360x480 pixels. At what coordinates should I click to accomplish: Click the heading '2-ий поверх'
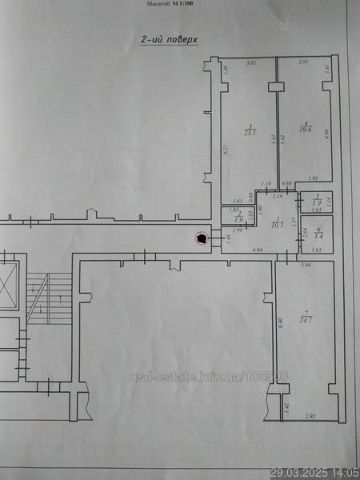tap(170, 38)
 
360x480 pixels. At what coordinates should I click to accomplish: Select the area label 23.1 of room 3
tap(250, 132)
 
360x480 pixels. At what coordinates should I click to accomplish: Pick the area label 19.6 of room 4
tap(305, 128)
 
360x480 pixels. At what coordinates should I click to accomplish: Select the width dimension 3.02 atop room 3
tap(250, 62)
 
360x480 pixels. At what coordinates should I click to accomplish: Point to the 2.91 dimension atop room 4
tap(304, 62)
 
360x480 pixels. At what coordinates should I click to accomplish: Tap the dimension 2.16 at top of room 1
tap(278, 196)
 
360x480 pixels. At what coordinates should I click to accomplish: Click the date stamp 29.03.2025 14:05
tap(314, 473)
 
